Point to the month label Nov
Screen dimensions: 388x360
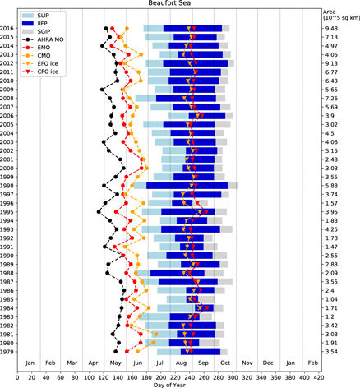click(x=247, y=362)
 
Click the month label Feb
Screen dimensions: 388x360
click(x=50, y=362)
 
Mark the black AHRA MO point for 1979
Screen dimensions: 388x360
click(x=116, y=351)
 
